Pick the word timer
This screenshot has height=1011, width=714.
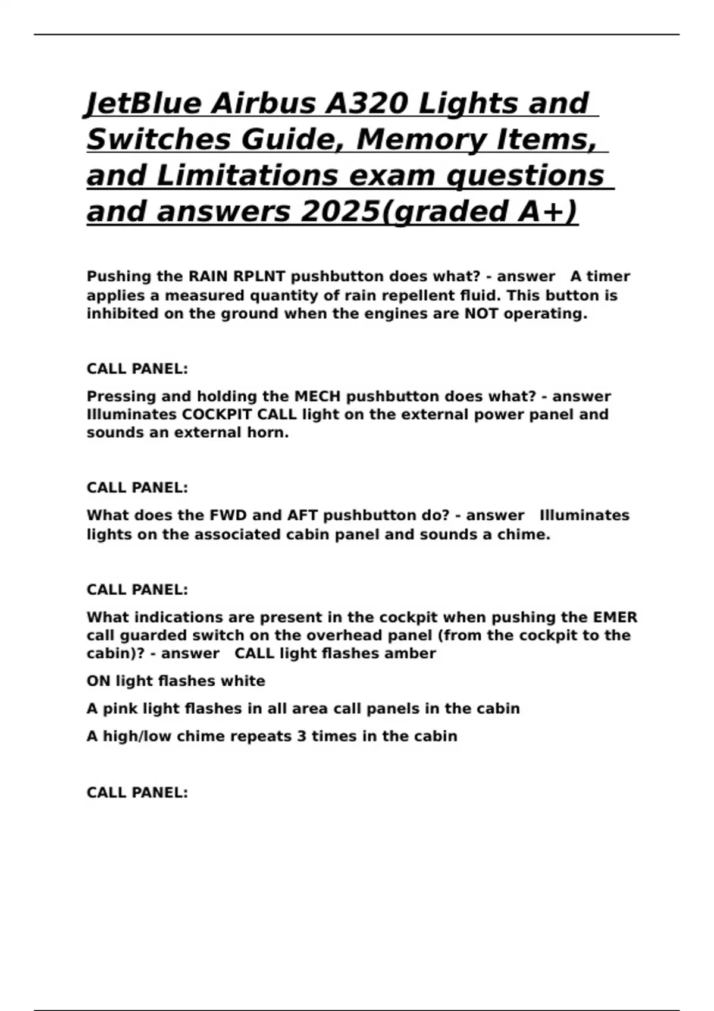point(608,277)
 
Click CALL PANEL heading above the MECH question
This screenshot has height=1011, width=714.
point(137,369)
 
